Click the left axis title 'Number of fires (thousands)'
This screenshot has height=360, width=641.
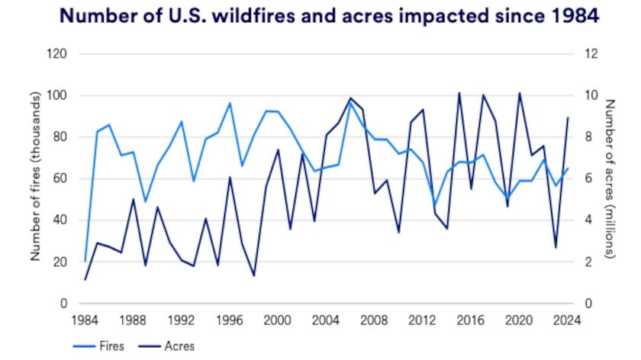click(x=35, y=178)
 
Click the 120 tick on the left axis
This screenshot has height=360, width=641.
click(x=58, y=54)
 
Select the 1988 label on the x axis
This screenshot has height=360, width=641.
click(x=133, y=320)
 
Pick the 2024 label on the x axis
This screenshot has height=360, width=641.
click(x=565, y=320)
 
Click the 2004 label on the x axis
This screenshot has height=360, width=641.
click(x=325, y=320)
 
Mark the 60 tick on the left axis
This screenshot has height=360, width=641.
click(x=61, y=178)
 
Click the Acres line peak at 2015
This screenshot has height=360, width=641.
click(x=459, y=93)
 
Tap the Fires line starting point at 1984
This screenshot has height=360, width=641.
click(x=85, y=262)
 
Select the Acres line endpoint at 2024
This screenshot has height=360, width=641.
click(x=566, y=117)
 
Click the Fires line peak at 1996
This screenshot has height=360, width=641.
click(x=230, y=103)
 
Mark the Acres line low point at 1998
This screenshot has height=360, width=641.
click(x=253, y=275)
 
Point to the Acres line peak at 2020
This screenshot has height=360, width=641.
click(x=519, y=93)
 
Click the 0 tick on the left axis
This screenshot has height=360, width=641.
click(x=64, y=304)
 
